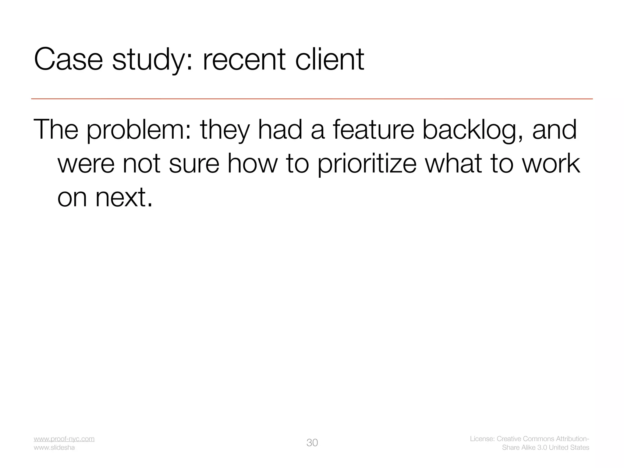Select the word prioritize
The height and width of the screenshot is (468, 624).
[367, 164]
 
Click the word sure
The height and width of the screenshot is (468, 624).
[194, 164]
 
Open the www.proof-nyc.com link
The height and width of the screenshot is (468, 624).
[64, 439]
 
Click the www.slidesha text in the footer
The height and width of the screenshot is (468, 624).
[54, 448]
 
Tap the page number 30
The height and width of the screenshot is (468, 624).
[312, 443]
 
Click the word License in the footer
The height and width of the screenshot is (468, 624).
[482, 439]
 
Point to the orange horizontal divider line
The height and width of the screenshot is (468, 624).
[312, 99]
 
